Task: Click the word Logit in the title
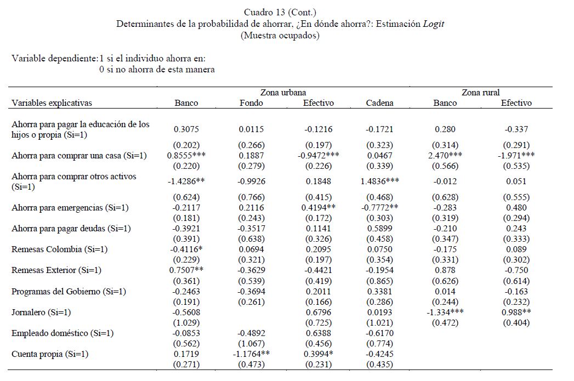coord(433,24)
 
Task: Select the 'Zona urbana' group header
coord(283,93)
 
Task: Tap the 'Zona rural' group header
coord(480,93)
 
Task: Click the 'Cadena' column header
coord(379,103)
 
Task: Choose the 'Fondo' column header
coord(251,103)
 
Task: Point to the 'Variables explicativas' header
coord(52,103)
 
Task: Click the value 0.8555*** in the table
coord(186,156)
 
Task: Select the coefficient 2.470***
coord(445,156)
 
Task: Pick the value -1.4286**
coord(186,181)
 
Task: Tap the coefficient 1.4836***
coord(379,181)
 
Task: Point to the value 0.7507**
coord(186,270)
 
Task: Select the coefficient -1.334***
coord(445,312)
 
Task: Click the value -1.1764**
coord(251,354)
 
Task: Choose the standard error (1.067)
coord(251,344)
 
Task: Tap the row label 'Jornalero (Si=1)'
coord(41,312)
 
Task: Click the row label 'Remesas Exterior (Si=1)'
coord(56,270)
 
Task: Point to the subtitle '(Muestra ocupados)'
coord(280,36)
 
